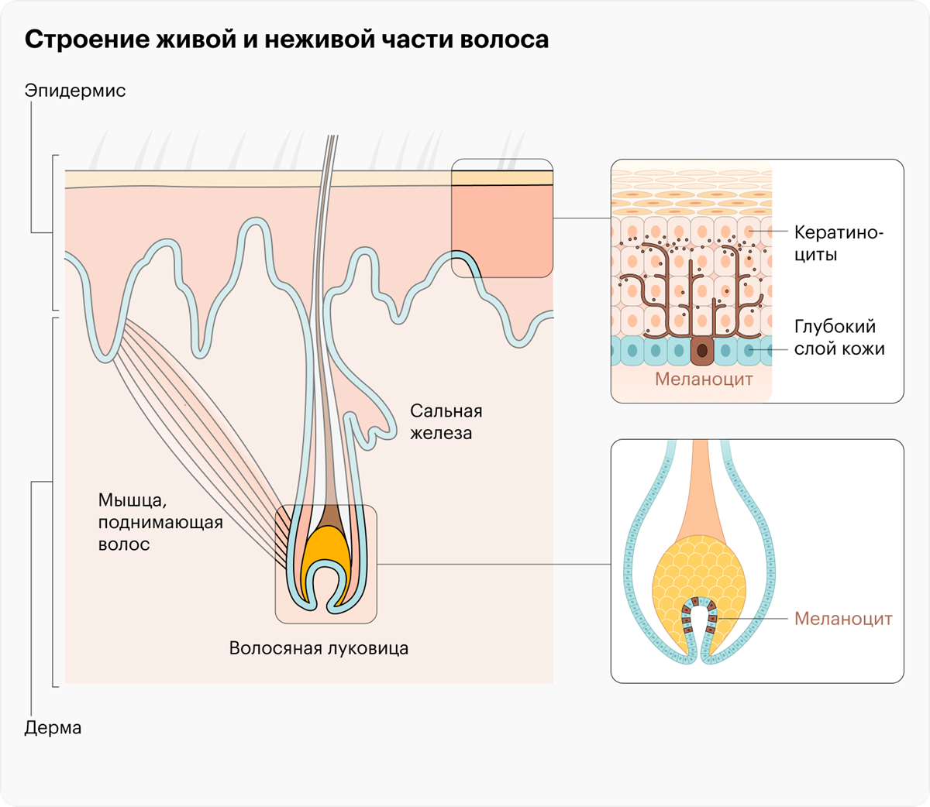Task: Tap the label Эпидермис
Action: coord(74,91)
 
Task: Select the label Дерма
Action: coord(53,728)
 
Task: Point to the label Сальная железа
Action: coord(446,422)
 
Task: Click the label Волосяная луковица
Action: coord(319,648)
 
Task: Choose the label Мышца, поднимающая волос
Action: coord(160,523)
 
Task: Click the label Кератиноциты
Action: coord(837,243)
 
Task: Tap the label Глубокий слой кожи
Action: coord(839,338)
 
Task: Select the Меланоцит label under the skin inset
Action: coord(704,379)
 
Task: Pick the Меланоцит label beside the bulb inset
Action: coord(843,619)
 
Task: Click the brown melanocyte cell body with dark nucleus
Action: coord(702,351)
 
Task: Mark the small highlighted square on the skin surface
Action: coord(502,218)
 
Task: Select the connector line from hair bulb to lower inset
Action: coord(496,565)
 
